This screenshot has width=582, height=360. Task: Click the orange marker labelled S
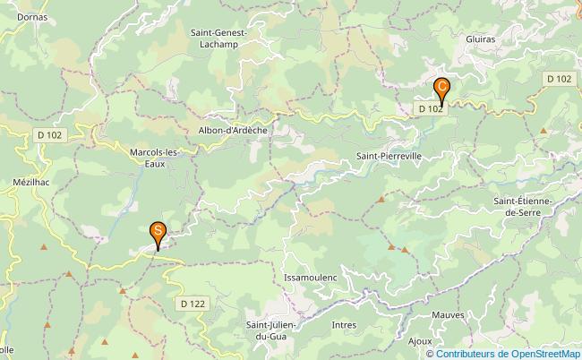click(x=158, y=235)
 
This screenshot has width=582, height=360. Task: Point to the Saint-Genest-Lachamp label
click(x=218, y=39)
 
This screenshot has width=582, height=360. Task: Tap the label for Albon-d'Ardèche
click(x=233, y=130)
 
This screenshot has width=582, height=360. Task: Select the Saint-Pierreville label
click(x=389, y=156)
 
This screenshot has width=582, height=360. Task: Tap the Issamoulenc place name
click(x=310, y=278)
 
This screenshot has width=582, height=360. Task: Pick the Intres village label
click(x=344, y=325)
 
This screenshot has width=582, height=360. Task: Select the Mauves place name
click(x=448, y=315)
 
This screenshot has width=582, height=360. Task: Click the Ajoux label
click(x=420, y=341)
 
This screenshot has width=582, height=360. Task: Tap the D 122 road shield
click(x=193, y=304)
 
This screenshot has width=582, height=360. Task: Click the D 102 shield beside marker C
click(x=429, y=109)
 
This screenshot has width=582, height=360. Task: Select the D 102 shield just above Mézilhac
click(x=49, y=135)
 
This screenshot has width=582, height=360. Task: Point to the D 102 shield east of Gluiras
click(x=560, y=79)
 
